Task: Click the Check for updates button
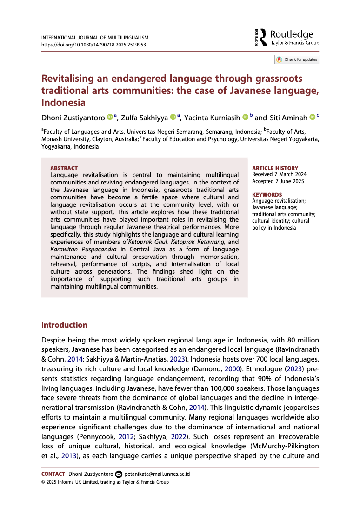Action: click(x=297, y=59)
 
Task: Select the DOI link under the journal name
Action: click(x=94, y=45)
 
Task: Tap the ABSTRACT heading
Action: click(x=64, y=168)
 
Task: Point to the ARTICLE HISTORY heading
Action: click(x=275, y=168)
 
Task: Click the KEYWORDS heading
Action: click(x=267, y=195)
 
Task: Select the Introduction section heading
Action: click(x=64, y=325)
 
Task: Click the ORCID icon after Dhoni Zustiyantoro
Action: click(x=110, y=117)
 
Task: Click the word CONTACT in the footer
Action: click(x=53, y=474)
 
